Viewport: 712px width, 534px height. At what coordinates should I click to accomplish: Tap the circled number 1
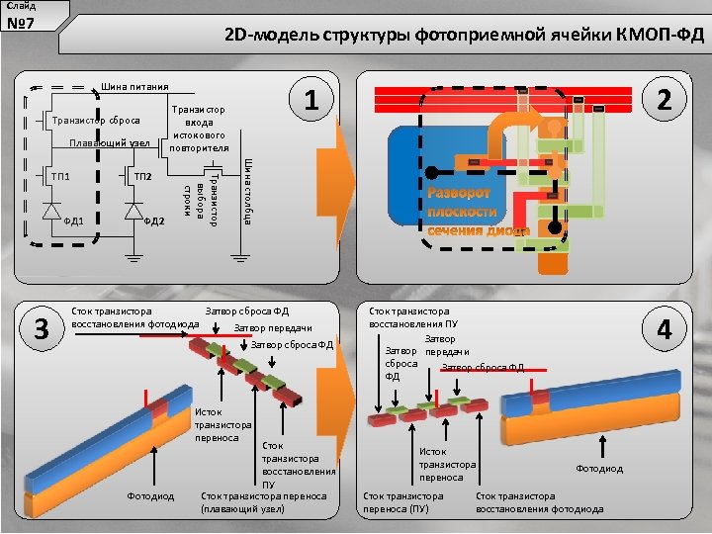click(x=311, y=100)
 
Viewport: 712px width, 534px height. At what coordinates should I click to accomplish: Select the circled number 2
click(x=665, y=100)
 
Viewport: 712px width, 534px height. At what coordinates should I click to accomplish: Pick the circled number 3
click(x=42, y=329)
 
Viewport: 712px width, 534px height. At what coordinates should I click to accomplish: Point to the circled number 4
click(x=665, y=329)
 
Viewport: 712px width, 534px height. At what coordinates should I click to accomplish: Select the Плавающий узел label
click(x=109, y=144)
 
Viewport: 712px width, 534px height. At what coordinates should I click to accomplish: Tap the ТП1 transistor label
click(x=59, y=176)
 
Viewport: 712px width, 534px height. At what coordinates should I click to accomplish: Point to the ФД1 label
click(x=72, y=221)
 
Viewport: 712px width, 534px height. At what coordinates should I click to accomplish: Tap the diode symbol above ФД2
click(x=132, y=210)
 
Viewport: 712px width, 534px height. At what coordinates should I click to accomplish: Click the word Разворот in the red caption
click(x=465, y=194)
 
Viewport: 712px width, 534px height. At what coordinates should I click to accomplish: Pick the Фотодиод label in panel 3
click(x=149, y=495)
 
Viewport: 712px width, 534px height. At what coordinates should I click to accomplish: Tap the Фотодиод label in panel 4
click(x=599, y=469)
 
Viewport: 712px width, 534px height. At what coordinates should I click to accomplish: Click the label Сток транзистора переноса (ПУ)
click(x=404, y=502)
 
